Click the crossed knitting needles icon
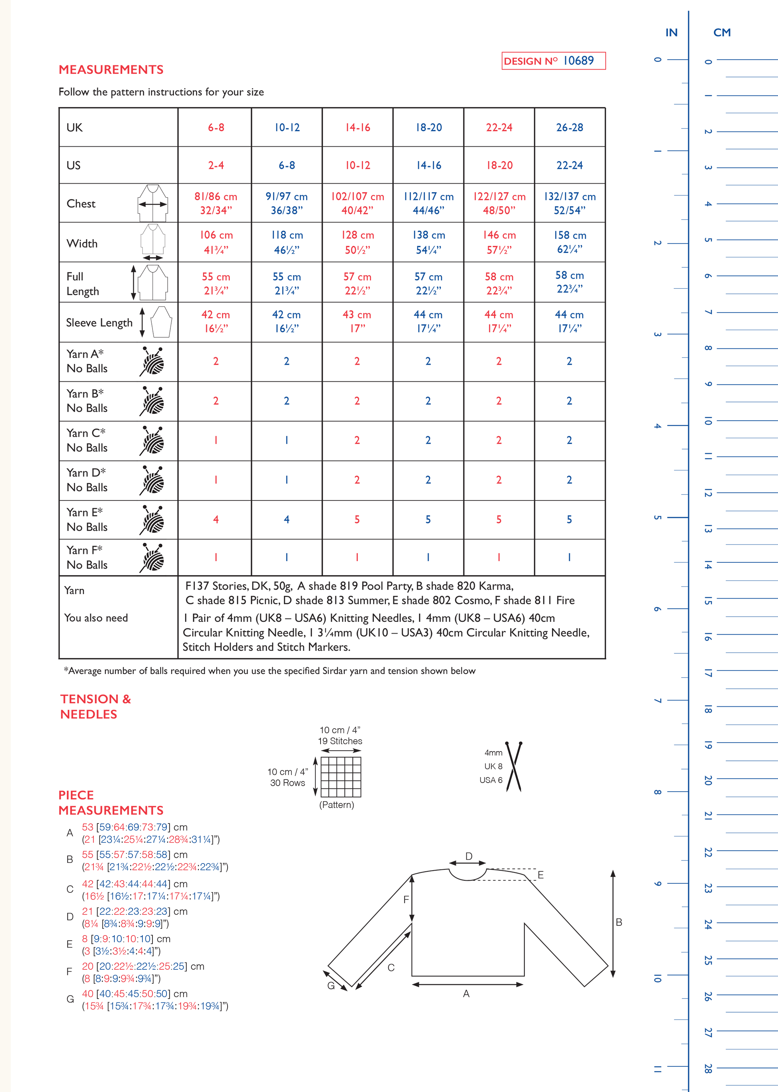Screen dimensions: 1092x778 click(513, 766)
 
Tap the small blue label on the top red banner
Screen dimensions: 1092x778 click(579, 60)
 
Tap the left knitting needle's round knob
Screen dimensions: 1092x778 click(507, 744)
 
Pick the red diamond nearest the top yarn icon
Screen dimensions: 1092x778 click(216, 361)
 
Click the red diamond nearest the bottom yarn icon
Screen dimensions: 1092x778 click(216, 557)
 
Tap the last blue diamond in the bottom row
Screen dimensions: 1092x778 click(569, 557)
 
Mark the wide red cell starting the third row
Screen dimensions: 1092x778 click(215, 201)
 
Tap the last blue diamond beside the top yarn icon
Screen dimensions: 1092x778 click(569, 361)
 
